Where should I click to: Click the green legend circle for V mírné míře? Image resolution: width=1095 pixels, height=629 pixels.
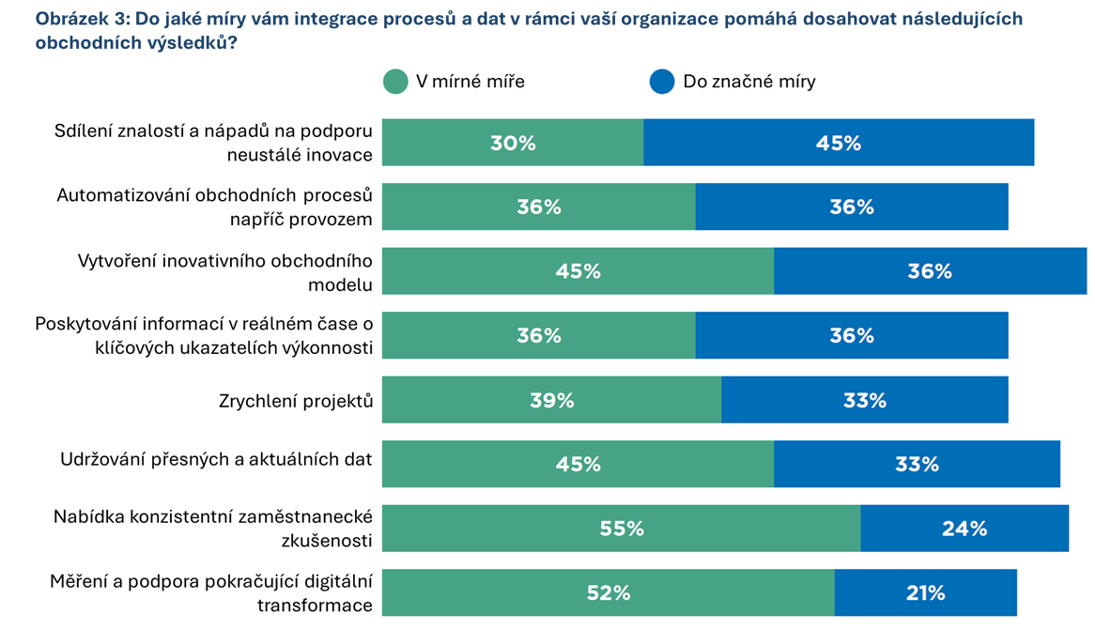coord(395,82)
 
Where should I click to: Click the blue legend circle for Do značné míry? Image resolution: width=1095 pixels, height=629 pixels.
coord(662,82)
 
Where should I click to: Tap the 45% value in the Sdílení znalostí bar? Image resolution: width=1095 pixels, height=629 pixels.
coord(839,144)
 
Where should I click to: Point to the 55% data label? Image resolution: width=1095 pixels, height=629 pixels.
coord(622,529)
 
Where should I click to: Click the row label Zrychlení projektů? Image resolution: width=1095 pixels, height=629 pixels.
coord(295,401)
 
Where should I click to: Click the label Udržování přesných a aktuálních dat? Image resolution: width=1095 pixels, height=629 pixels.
coord(217,459)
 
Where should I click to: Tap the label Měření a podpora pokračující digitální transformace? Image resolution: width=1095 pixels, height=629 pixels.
coord(211,593)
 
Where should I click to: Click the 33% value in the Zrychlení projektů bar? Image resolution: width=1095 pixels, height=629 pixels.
coord(864,401)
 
